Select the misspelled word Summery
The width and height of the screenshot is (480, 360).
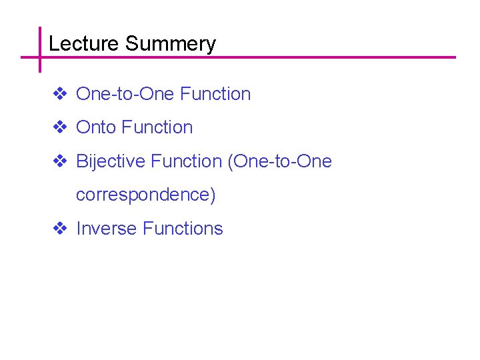(x=170, y=45)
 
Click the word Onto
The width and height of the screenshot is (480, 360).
(x=97, y=127)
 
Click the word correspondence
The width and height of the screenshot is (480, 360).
(x=142, y=195)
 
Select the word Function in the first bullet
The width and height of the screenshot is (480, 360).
(x=215, y=94)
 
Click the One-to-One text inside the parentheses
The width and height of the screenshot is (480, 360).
(x=283, y=161)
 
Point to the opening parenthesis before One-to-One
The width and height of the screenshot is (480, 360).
(x=231, y=162)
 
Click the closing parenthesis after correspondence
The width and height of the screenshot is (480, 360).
(x=213, y=195)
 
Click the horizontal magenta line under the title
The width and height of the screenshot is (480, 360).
(x=267, y=57)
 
